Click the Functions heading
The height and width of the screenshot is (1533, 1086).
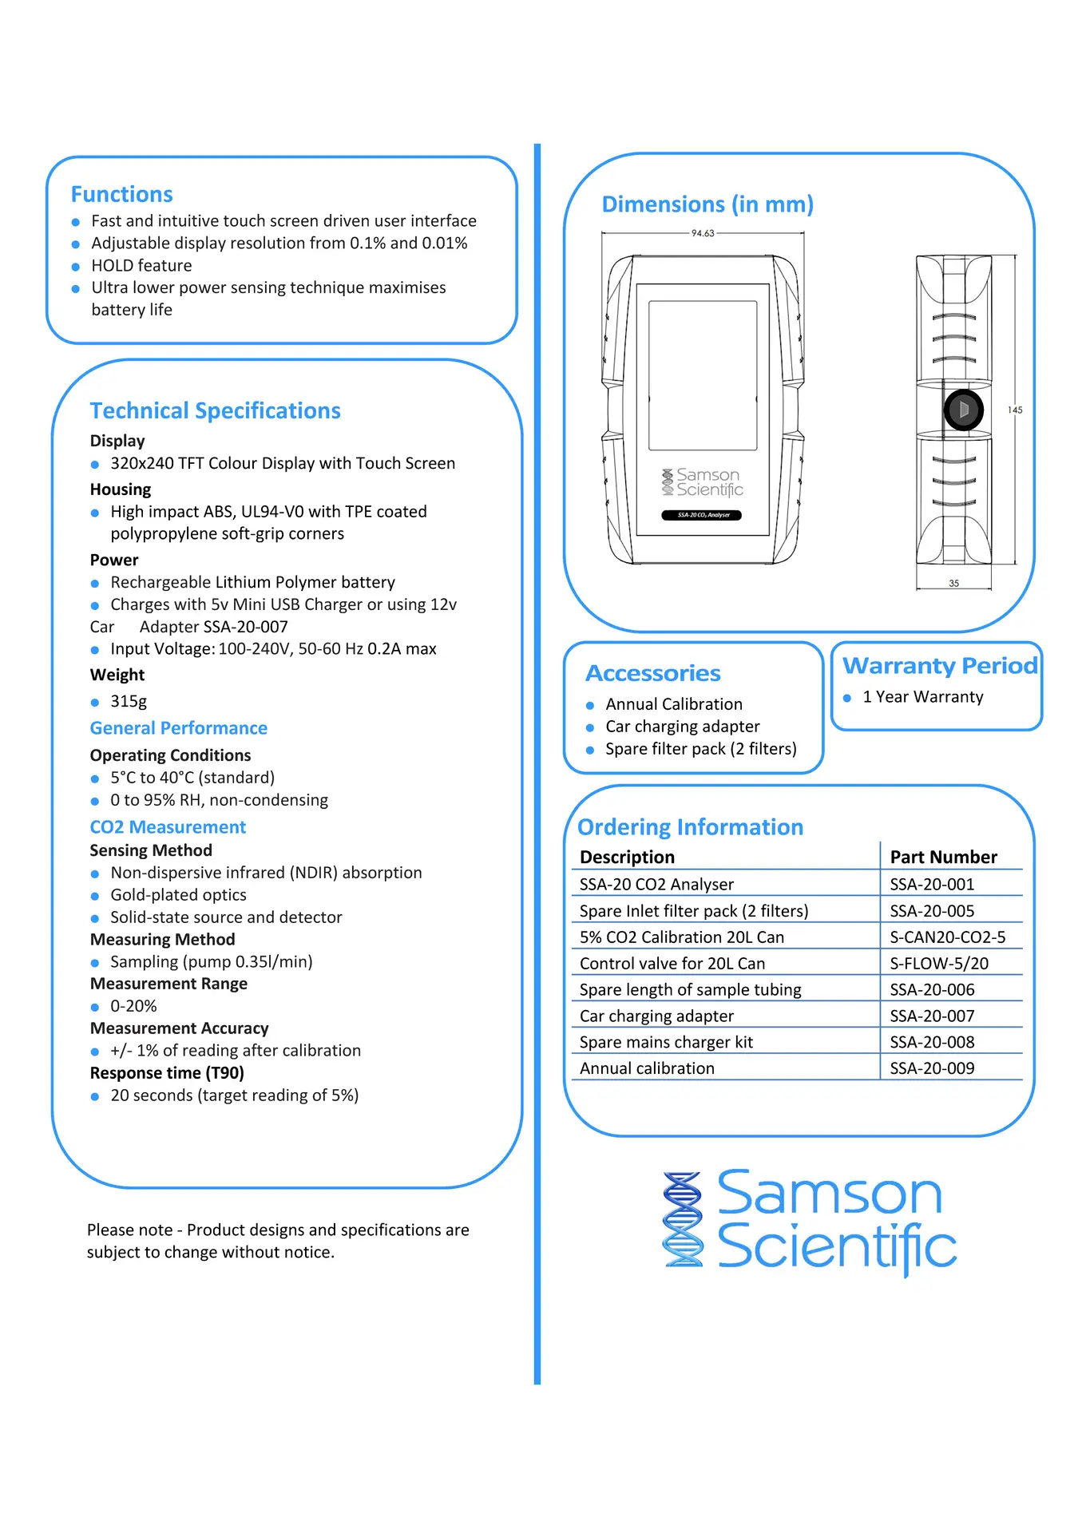pyautogui.click(x=121, y=194)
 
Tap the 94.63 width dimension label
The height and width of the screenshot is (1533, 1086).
pyautogui.click(x=703, y=233)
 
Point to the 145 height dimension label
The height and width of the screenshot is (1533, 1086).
pyautogui.click(x=1015, y=410)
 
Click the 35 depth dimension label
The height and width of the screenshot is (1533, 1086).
pyautogui.click(x=953, y=584)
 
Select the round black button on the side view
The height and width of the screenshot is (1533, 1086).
pyautogui.click(x=963, y=410)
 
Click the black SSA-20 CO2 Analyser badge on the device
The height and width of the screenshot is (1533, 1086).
pyautogui.click(x=702, y=515)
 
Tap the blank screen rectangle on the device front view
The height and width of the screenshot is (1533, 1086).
pyautogui.click(x=703, y=375)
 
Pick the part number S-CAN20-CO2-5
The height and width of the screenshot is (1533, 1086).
pyautogui.click(x=948, y=937)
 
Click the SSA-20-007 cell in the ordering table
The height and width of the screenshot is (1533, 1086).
pyautogui.click(x=932, y=1016)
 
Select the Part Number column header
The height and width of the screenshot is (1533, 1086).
pyautogui.click(x=944, y=857)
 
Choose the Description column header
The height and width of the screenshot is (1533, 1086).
pyautogui.click(x=627, y=857)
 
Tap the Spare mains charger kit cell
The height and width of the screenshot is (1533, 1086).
pyautogui.click(x=666, y=1042)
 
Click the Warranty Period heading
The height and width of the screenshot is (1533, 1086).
pyautogui.click(x=941, y=665)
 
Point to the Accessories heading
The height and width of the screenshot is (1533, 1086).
pyautogui.click(x=653, y=673)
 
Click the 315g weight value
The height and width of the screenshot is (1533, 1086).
pyautogui.click(x=129, y=701)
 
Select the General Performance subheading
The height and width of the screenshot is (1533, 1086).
pyautogui.click(x=178, y=728)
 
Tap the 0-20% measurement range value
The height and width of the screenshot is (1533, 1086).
pyautogui.click(x=133, y=1006)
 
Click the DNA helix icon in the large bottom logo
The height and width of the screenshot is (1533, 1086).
pyautogui.click(x=684, y=1219)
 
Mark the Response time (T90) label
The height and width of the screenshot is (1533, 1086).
pyautogui.click(x=167, y=1073)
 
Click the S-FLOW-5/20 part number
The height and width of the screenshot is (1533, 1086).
pyautogui.click(x=939, y=964)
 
